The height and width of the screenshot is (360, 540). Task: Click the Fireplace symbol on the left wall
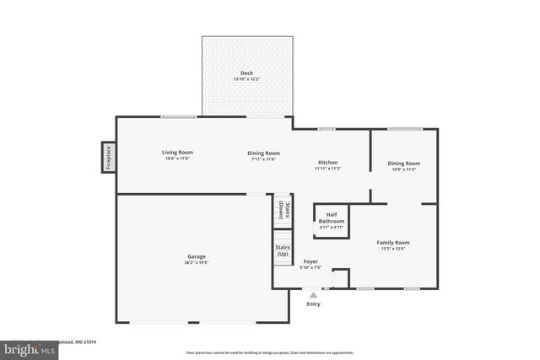108,157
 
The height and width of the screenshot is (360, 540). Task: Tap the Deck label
246,73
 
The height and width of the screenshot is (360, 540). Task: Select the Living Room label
177,153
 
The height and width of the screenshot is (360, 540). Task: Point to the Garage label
197,256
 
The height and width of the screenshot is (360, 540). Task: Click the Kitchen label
327,162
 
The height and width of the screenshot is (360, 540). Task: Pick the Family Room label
392,242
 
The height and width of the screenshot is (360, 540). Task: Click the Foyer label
311,261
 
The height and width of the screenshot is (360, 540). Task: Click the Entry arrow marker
313,295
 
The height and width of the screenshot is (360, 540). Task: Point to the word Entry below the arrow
313,304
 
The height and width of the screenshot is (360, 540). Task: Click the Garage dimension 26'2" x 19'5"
197,262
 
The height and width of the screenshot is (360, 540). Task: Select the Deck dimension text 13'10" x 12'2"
246,79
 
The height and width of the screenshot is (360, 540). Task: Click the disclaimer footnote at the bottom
270,352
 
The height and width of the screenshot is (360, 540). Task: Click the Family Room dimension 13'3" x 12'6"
392,248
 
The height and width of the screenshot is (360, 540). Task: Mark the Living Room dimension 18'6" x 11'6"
177,159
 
